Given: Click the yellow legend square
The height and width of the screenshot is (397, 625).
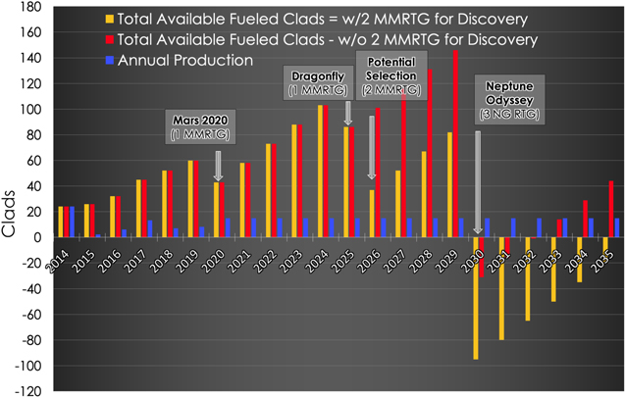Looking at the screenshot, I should (x=106, y=19).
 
